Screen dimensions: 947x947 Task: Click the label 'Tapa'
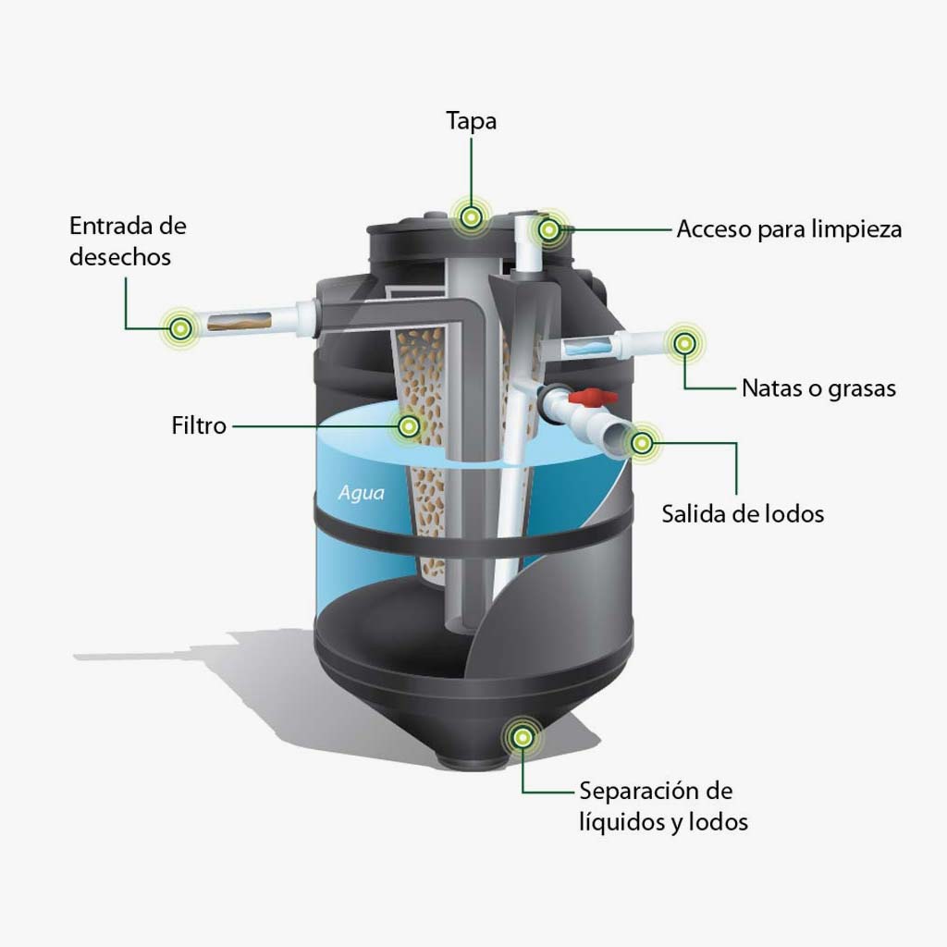(x=471, y=121)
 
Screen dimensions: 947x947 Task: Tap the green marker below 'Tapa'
(x=472, y=217)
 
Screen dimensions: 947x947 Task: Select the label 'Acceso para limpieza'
(x=789, y=229)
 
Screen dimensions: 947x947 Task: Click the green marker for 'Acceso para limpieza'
(x=549, y=228)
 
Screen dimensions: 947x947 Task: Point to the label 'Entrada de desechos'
(x=128, y=240)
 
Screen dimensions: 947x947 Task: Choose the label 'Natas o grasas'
(x=818, y=388)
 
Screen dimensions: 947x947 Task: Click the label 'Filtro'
(x=199, y=426)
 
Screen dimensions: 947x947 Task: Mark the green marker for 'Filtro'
(x=408, y=425)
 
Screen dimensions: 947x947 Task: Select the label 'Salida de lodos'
(x=742, y=513)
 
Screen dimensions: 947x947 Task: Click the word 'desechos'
(x=120, y=256)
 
